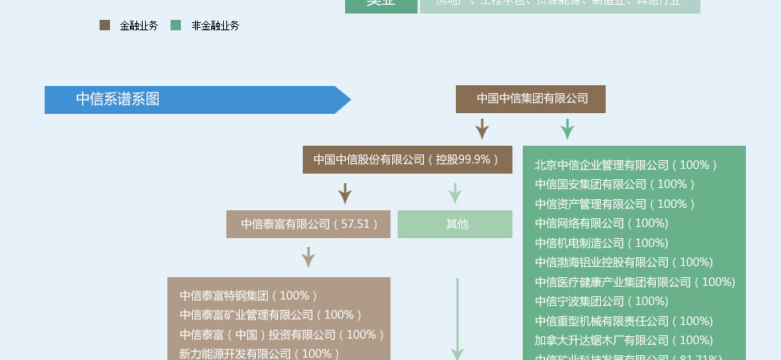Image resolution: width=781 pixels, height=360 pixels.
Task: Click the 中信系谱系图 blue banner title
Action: click(118, 100)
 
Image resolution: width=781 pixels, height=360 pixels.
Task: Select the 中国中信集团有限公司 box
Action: click(531, 99)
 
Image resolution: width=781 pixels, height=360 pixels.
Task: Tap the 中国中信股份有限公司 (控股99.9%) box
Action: click(407, 159)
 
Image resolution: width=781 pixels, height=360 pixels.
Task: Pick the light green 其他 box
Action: click(455, 225)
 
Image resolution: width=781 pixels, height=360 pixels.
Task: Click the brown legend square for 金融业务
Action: click(104, 25)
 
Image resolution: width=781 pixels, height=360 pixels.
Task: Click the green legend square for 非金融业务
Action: click(176, 25)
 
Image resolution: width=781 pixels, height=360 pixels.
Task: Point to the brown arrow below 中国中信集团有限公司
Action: click(482, 129)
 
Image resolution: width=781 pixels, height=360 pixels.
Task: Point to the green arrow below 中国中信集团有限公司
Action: click(567, 129)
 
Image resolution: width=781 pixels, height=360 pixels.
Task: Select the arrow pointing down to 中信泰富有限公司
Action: click(345, 194)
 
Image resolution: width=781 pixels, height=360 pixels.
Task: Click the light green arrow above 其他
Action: click(455, 194)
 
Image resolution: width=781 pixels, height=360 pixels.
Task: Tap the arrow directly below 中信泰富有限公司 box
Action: click(308, 257)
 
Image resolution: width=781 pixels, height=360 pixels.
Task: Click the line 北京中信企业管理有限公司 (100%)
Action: click(626, 166)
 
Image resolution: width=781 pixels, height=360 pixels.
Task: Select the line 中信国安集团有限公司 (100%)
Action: click(614, 185)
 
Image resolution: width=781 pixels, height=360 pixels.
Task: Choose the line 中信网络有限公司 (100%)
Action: click(601, 224)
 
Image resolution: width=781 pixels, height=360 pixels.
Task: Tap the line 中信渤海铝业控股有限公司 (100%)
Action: click(623, 262)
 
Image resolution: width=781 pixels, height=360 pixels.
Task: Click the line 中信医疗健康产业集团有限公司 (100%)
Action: click(634, 282)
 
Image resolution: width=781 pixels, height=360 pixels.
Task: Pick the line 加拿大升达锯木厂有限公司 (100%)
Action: click(623, 340)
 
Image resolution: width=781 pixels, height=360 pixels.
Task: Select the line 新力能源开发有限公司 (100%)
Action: click(260, 354)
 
